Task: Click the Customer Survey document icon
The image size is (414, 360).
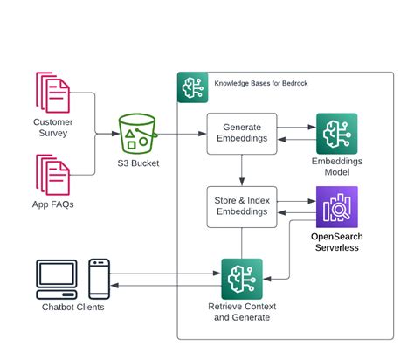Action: click(x=52, y=93)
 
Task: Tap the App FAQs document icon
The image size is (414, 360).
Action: click(x=52, y=176)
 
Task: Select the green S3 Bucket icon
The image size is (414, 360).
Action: click(x=140, y=134)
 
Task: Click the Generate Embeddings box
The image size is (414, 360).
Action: click(x=241, y=134)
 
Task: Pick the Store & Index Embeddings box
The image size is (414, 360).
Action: click(x=241, y=207)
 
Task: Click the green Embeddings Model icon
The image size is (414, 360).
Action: click(x=336, y=134)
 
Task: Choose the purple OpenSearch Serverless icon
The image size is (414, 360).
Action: click(x=336, y=207)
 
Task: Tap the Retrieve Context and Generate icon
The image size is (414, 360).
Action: click(x=242, y=279)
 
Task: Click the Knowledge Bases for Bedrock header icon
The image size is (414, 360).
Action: click(x=193, y=87)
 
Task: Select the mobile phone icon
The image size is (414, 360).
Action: click(x=100, y=278)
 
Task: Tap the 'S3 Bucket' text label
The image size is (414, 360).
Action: click(x=140, y=163)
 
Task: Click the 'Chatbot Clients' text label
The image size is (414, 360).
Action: click(x=72, y=307)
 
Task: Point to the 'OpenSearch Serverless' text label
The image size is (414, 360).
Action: click(x=336, y=242)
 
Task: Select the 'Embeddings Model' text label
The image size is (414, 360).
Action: click(x=336, y=167)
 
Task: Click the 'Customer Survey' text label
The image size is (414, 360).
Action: click(x=52, y=128)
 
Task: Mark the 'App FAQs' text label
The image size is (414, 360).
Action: click(x=52, y=205)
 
